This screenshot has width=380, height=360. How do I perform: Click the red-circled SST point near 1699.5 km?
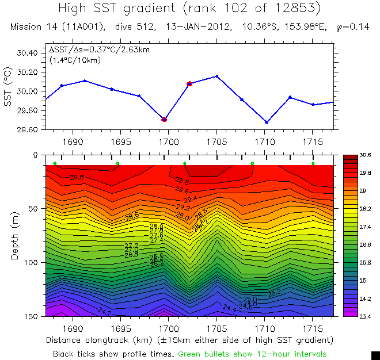click(x=164, y=120)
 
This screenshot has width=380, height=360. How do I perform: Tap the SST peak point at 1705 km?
click(x=217, y=76)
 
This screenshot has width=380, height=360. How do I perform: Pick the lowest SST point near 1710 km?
click(x=267, y=122)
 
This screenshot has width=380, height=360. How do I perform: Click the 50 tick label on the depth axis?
click(x=32, y=209)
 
